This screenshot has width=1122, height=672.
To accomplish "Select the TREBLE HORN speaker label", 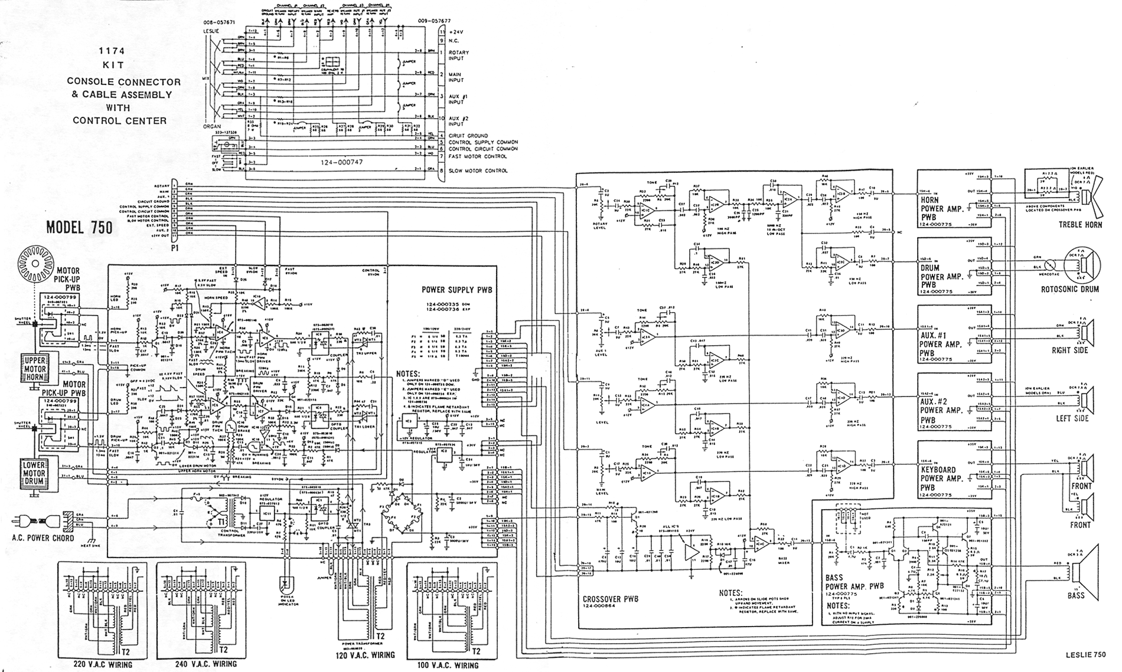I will click(x=1080, y=225).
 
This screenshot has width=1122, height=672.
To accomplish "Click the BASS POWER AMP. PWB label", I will click(x=854, y=582).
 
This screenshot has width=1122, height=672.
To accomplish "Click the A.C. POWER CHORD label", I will click(x=43, y=537).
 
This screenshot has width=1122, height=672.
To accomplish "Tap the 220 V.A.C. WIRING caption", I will click(x=103, y=665).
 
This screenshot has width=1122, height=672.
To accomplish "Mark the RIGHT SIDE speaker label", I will click(x=1070, y=350).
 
